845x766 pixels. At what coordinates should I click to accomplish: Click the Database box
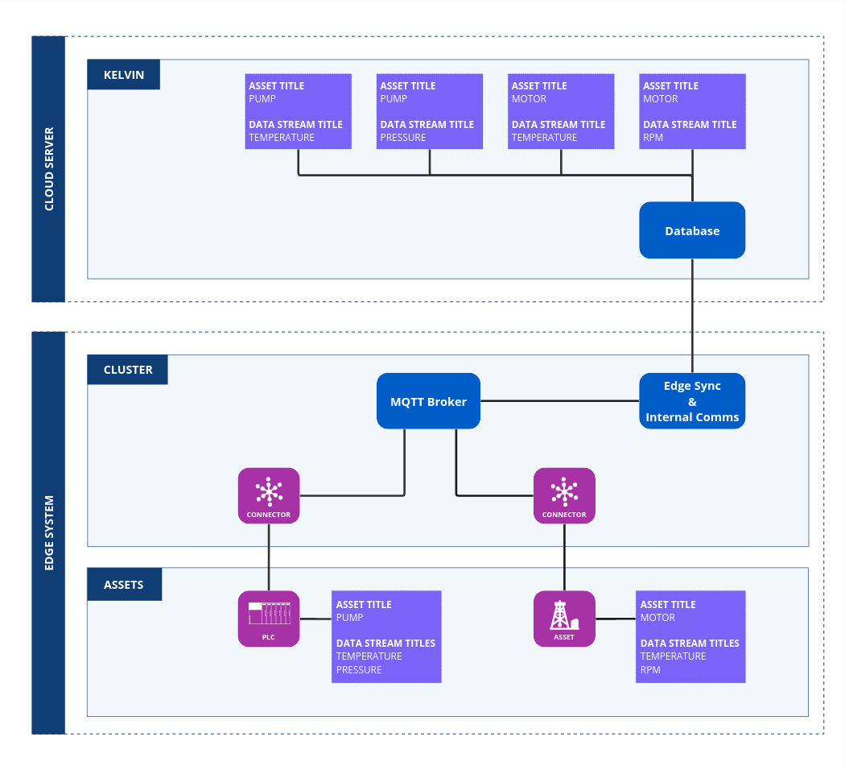692,230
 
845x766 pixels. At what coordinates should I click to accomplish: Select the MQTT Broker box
428,401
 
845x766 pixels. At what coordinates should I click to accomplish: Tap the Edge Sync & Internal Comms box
692,401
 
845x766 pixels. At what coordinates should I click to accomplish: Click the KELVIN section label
123,75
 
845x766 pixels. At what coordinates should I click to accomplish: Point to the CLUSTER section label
127,370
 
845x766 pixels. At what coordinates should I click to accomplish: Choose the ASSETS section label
124,585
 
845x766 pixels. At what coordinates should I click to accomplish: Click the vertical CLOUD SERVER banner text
48,169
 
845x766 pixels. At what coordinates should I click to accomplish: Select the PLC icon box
268,618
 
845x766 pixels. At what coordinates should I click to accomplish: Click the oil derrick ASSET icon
564,618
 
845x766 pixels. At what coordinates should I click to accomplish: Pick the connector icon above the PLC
268,495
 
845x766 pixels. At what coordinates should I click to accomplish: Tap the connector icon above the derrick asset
564,495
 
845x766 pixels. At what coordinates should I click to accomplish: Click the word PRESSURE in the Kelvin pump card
403,138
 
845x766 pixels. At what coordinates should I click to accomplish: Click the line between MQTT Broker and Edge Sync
559,401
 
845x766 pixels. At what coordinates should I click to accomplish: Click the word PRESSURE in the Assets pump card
359,669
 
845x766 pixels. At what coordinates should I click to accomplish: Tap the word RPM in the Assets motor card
650,669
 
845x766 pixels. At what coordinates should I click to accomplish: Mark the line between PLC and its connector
269,557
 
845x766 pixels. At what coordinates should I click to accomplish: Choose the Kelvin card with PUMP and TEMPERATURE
298,111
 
